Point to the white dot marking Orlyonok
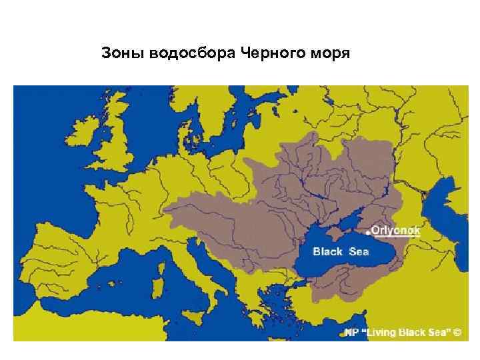pyautogui.click(x=367, y=233)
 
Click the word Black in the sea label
pyautogui.click(x=327, y=252)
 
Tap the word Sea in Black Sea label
pyautogui.click(x=363, y=252)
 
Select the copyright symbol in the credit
pyautogui.click(x=457, y=331)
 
